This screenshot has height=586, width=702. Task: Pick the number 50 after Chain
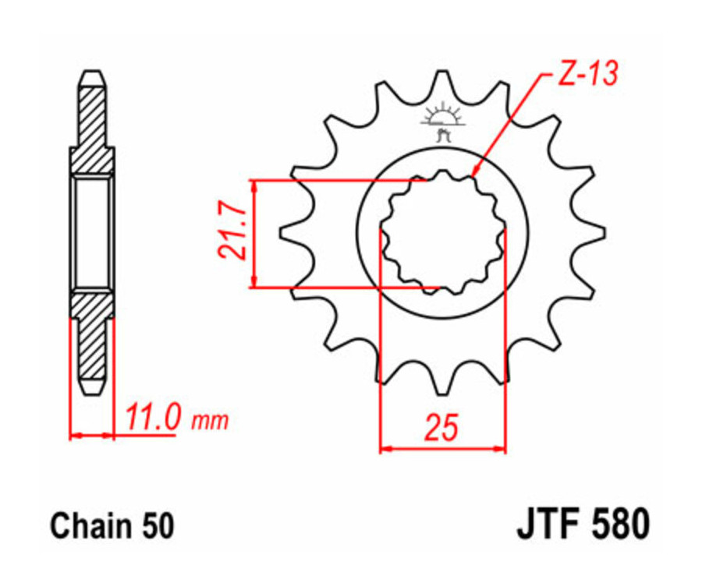click(155, 527)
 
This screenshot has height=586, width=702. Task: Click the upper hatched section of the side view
click(92, 125)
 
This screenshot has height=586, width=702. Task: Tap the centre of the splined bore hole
click(442, 231)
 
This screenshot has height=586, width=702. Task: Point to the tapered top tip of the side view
click(92, 76)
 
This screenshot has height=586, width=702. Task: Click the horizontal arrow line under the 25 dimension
click(442, 449)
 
